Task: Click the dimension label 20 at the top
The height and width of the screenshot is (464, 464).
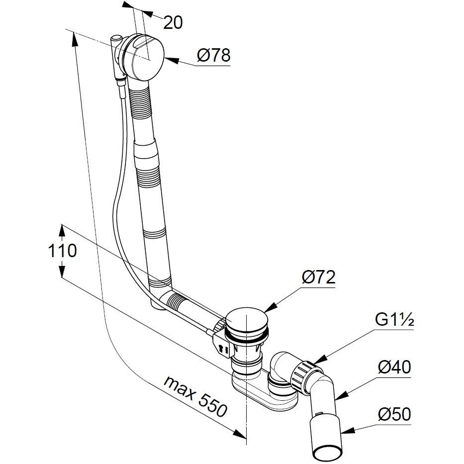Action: point(173,22)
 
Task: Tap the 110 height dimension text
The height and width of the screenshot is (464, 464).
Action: point(62,251)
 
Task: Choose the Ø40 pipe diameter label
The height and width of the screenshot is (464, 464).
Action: point(394,369)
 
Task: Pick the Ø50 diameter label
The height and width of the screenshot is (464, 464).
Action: point(394,414)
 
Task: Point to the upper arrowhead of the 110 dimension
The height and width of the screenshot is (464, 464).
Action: point(62,229)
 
